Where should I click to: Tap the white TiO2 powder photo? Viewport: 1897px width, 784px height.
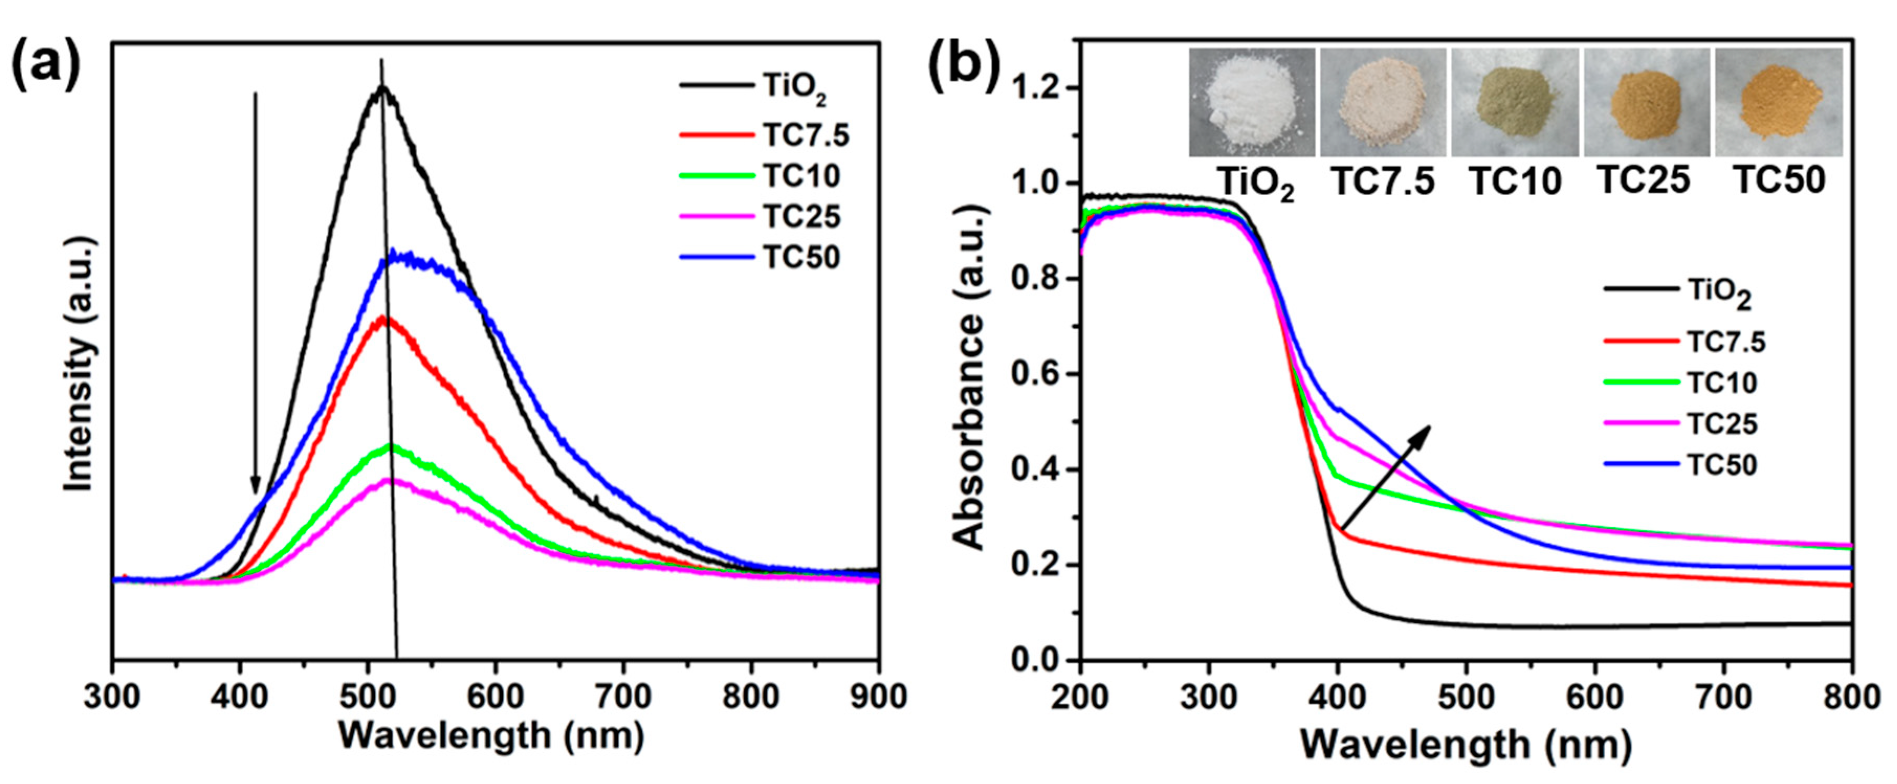[x=1252, y=103]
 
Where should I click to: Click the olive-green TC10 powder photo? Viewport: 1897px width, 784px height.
[x=1515, y=103]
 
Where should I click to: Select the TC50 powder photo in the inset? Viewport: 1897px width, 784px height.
[x=1779, y=103]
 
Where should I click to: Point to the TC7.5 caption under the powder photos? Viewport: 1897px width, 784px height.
[x=1384, y=182]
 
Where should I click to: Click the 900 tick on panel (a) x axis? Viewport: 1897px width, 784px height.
[x=878, y=696]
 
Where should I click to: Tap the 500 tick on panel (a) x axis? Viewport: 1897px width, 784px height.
[x=368, y=696]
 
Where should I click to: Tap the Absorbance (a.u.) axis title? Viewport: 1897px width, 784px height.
[x=970, y=378]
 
